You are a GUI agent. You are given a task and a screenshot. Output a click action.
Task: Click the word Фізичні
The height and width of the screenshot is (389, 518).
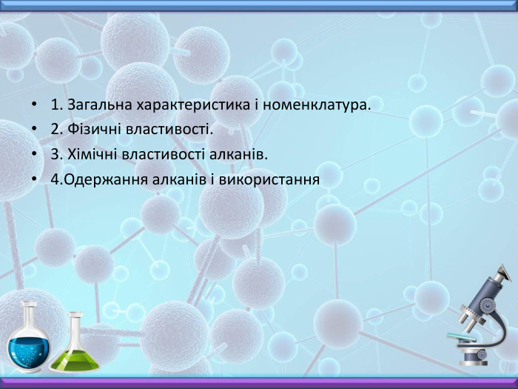(x=90, y=131)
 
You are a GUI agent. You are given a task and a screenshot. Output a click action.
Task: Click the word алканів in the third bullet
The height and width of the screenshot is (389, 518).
(x=240, y=155)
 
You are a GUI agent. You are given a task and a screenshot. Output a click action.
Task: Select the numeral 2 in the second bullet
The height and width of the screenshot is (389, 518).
(x=55, y=131)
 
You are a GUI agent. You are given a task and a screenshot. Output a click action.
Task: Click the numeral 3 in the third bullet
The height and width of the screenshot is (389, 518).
(x=55, y=155)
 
